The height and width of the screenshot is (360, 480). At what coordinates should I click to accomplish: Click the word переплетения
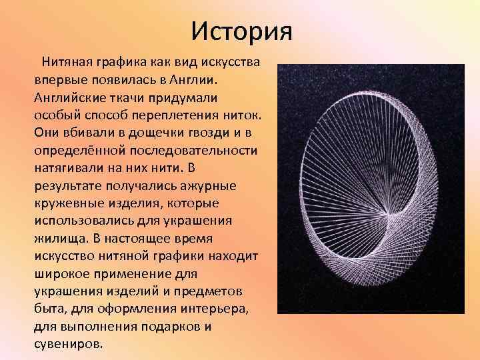pyautogui.click(x=182, y=113)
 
